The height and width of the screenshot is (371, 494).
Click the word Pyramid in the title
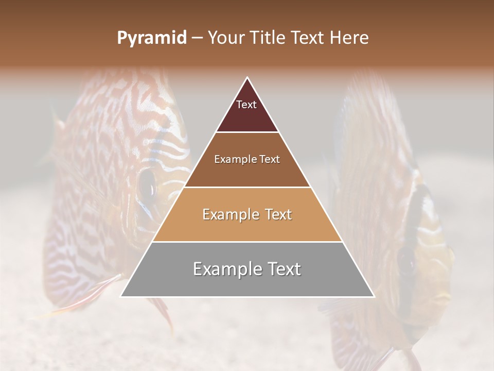click(x=151, y=39)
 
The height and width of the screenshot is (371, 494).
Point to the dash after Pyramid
click(x=197, y=39)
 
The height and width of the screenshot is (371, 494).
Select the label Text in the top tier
click(x=246, y=105)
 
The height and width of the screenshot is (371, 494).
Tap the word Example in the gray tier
click(x=223, y=269)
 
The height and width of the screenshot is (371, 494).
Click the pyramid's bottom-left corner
click(x=120, y=297)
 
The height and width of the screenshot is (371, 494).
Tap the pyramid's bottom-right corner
click(x=374, y=297)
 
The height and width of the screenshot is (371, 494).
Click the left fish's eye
click(x=148, y=184)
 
